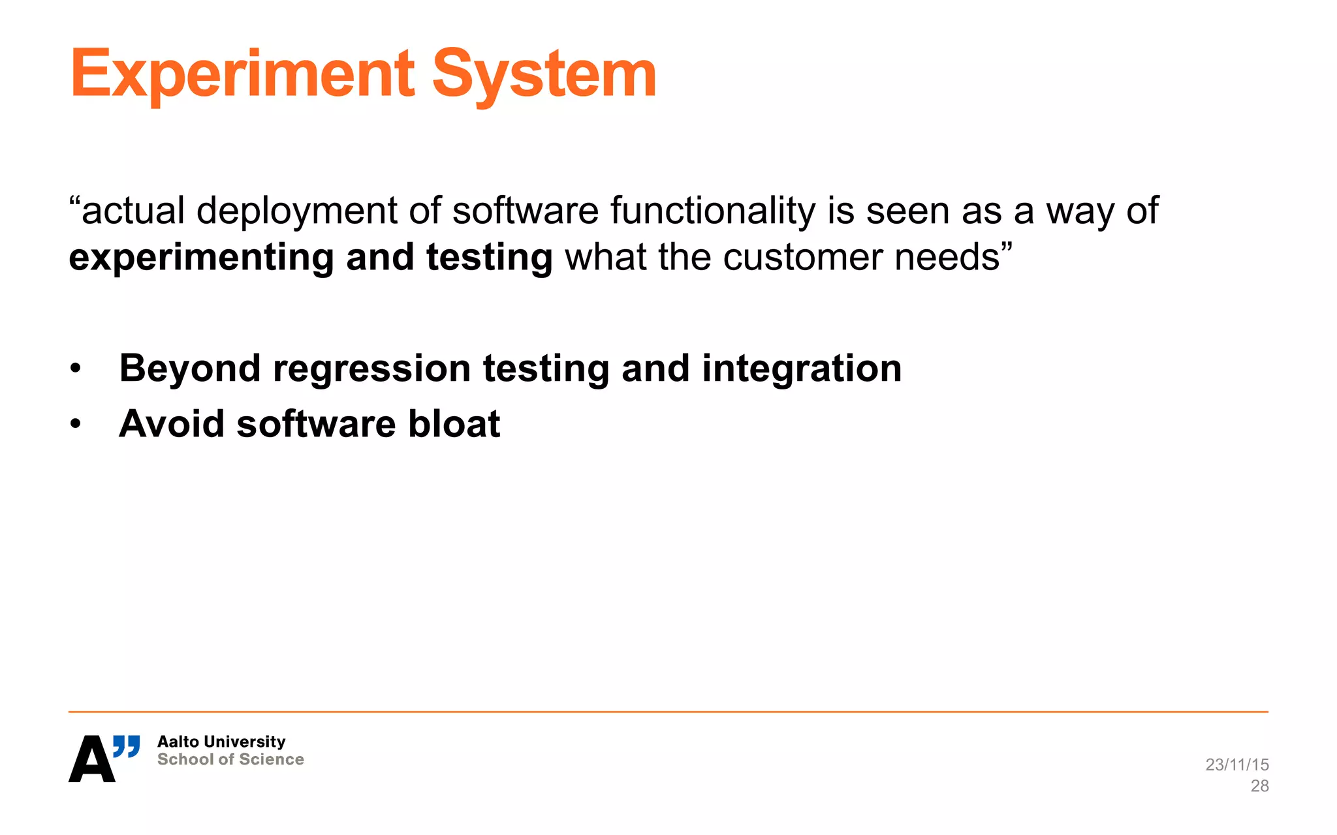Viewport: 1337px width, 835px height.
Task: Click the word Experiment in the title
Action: pyautogui.click(x=242, y=75)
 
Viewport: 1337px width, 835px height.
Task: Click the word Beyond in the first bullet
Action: pyautogui.click(x=189, y=369)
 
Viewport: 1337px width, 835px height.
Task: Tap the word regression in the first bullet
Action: pyautogui.click(x=371, y=369)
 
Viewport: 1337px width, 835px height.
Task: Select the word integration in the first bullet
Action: pyautogui.click(x=802, y=369)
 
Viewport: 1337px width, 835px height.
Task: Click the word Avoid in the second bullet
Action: pyautogui.click(x=172, y=424)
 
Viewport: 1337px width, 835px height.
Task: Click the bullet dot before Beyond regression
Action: pyautogui.click(x=76, y=369)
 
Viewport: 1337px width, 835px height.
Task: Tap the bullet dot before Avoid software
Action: pyautogui.click(x=76, y=425)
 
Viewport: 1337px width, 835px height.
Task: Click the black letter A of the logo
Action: pyautogui.click(x=91, y=760)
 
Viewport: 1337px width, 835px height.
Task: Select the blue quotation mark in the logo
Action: pyautogui.click(x=127, y=746)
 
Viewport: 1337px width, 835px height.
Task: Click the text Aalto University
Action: pyautogui.click(x=221, y=742)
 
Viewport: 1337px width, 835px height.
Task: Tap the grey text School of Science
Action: pyautogui.click(x=230, y=759)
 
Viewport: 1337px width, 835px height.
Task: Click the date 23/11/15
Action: pyautogui.click(x=1236, y=765)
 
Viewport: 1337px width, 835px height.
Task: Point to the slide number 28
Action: pyautogui.click(x=1259, y=786)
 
